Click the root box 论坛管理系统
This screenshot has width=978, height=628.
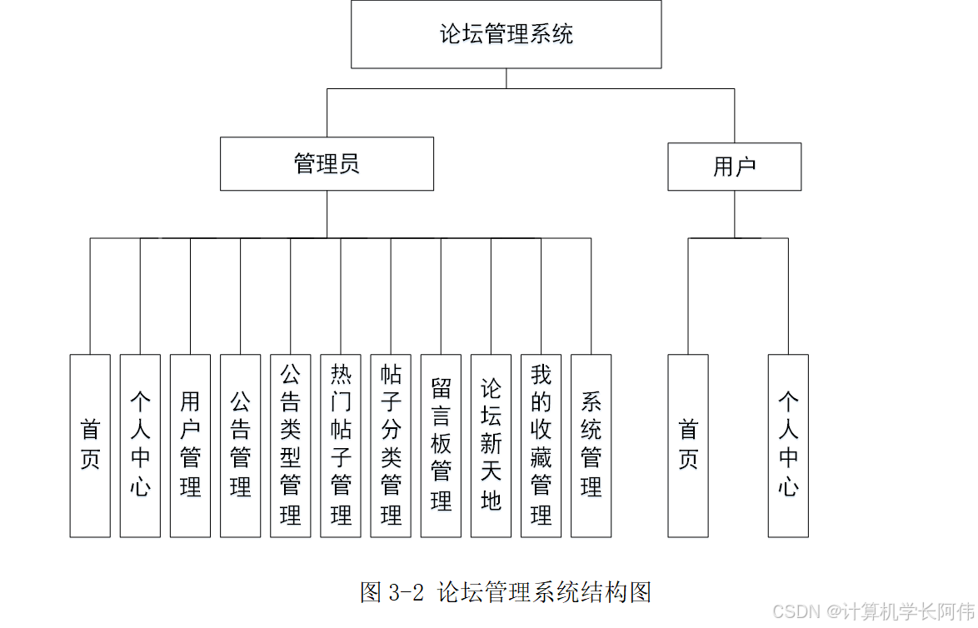pos(506,34)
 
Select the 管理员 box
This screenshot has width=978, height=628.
pos(327,164)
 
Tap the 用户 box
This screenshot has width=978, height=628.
pos(734,167)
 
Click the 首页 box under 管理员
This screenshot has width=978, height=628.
pos(90,446)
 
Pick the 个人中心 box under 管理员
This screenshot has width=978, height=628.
pos(140,446)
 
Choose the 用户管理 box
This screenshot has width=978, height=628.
pos(190,446)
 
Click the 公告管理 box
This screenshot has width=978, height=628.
pos(240,446)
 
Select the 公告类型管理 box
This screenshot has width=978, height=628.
pos(290,446)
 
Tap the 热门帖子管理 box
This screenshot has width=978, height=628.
pos(341,446)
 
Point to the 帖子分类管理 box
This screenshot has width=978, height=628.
pos(391,446)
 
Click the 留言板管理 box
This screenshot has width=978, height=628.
pos(441,446)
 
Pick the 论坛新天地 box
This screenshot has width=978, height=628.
pos(491,446)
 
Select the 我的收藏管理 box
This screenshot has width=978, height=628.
pos(541,446)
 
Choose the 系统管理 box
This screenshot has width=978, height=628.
pos(591,446)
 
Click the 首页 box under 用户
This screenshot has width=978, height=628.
pos(688,446)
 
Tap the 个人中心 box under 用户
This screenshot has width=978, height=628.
pos(788,446)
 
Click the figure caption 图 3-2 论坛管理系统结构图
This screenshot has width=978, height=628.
pos(505,592)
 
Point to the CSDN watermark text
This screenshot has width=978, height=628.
pos(873,612)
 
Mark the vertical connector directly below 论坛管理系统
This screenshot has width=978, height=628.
pos(506,78)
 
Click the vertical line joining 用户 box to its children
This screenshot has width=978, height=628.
pos(735,214)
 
